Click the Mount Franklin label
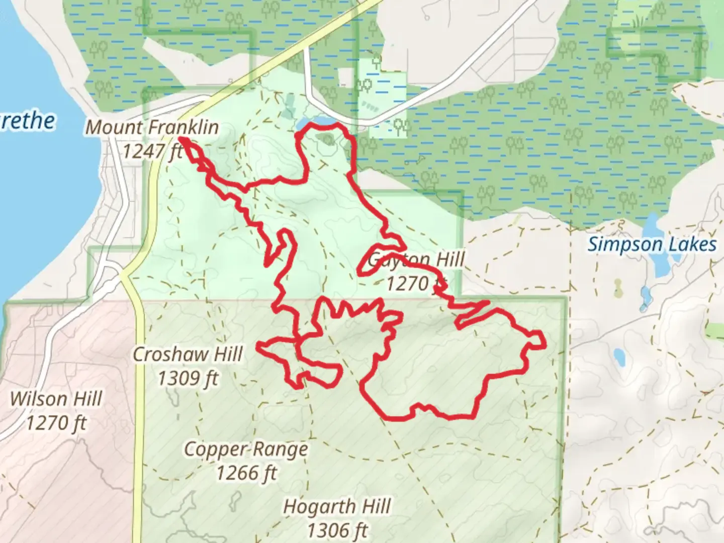[152, 127]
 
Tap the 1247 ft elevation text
[152, 150]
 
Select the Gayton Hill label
[416, 260]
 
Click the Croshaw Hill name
[188, 354]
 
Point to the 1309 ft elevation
[188, 378]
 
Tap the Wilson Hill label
[56, 399]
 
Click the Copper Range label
[246, 449]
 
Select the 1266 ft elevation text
[246, 472]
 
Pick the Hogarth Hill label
[337, 506]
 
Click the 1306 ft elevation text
[337, 529]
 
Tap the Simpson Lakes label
[652, 245]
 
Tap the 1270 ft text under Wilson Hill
[56, 422]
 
